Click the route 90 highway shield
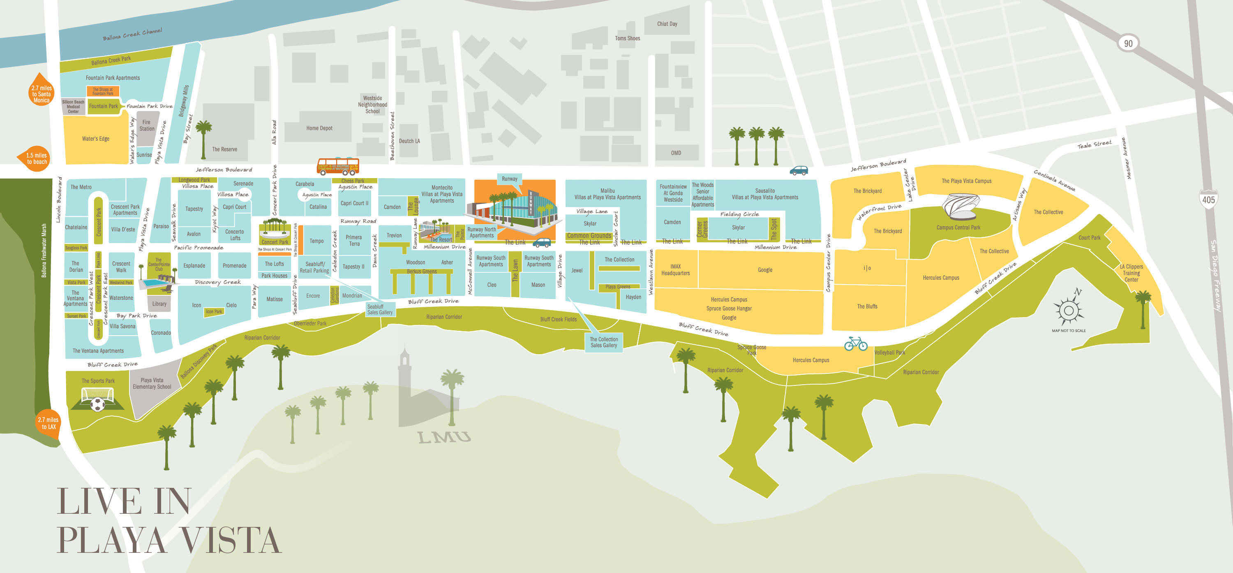[1128, 43]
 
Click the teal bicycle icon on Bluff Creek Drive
[856, 343]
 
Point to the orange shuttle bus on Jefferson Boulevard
[338, 166]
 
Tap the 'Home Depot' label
[319, 128]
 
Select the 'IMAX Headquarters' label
[675, 270]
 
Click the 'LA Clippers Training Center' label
[1131, 273]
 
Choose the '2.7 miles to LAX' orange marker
[48, 423]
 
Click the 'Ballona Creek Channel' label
[133, 35]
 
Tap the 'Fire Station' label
[146, 125]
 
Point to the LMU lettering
[444, 437]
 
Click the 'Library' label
[159, 304]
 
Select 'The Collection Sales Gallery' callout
[604, 342]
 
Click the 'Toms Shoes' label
[627, 38]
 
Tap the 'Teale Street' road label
[1094, 144]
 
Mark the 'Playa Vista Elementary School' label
[152, 383]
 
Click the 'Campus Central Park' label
[958, 227]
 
